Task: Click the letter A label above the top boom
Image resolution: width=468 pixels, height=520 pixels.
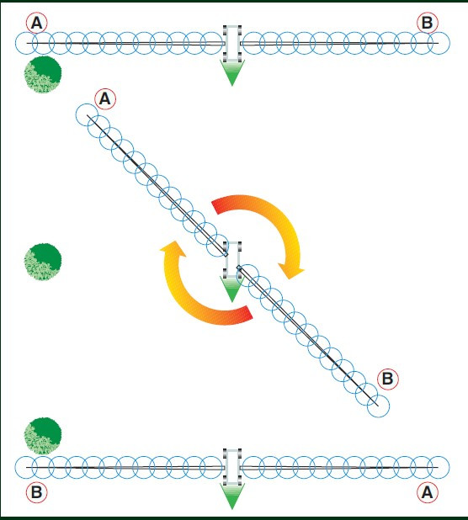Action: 37,23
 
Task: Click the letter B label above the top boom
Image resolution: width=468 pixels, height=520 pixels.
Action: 428,23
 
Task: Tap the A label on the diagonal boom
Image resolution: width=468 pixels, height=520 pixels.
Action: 105,98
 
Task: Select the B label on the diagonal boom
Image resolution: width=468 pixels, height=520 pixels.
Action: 388,379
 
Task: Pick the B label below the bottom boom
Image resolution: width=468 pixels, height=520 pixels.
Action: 37,492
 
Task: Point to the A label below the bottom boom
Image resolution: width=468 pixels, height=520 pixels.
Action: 428,492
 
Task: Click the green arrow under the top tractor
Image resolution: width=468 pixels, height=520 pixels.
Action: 232,72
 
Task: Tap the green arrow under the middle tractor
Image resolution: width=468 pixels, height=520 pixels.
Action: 232,289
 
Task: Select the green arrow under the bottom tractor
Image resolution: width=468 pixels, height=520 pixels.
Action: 232,496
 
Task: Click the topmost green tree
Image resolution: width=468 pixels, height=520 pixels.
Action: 43,75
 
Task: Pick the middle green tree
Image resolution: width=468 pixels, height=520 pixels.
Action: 43,262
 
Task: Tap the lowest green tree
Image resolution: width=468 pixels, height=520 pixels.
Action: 43,436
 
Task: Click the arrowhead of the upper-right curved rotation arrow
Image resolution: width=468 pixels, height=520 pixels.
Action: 291,270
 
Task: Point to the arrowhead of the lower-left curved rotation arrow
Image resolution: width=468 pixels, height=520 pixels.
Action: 173,249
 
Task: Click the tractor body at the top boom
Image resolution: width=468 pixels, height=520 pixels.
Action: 232,43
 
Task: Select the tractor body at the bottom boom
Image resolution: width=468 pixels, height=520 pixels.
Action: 232,467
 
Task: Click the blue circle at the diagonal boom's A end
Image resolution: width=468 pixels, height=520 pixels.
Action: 87,114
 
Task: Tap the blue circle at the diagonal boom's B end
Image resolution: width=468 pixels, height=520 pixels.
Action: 379,406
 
